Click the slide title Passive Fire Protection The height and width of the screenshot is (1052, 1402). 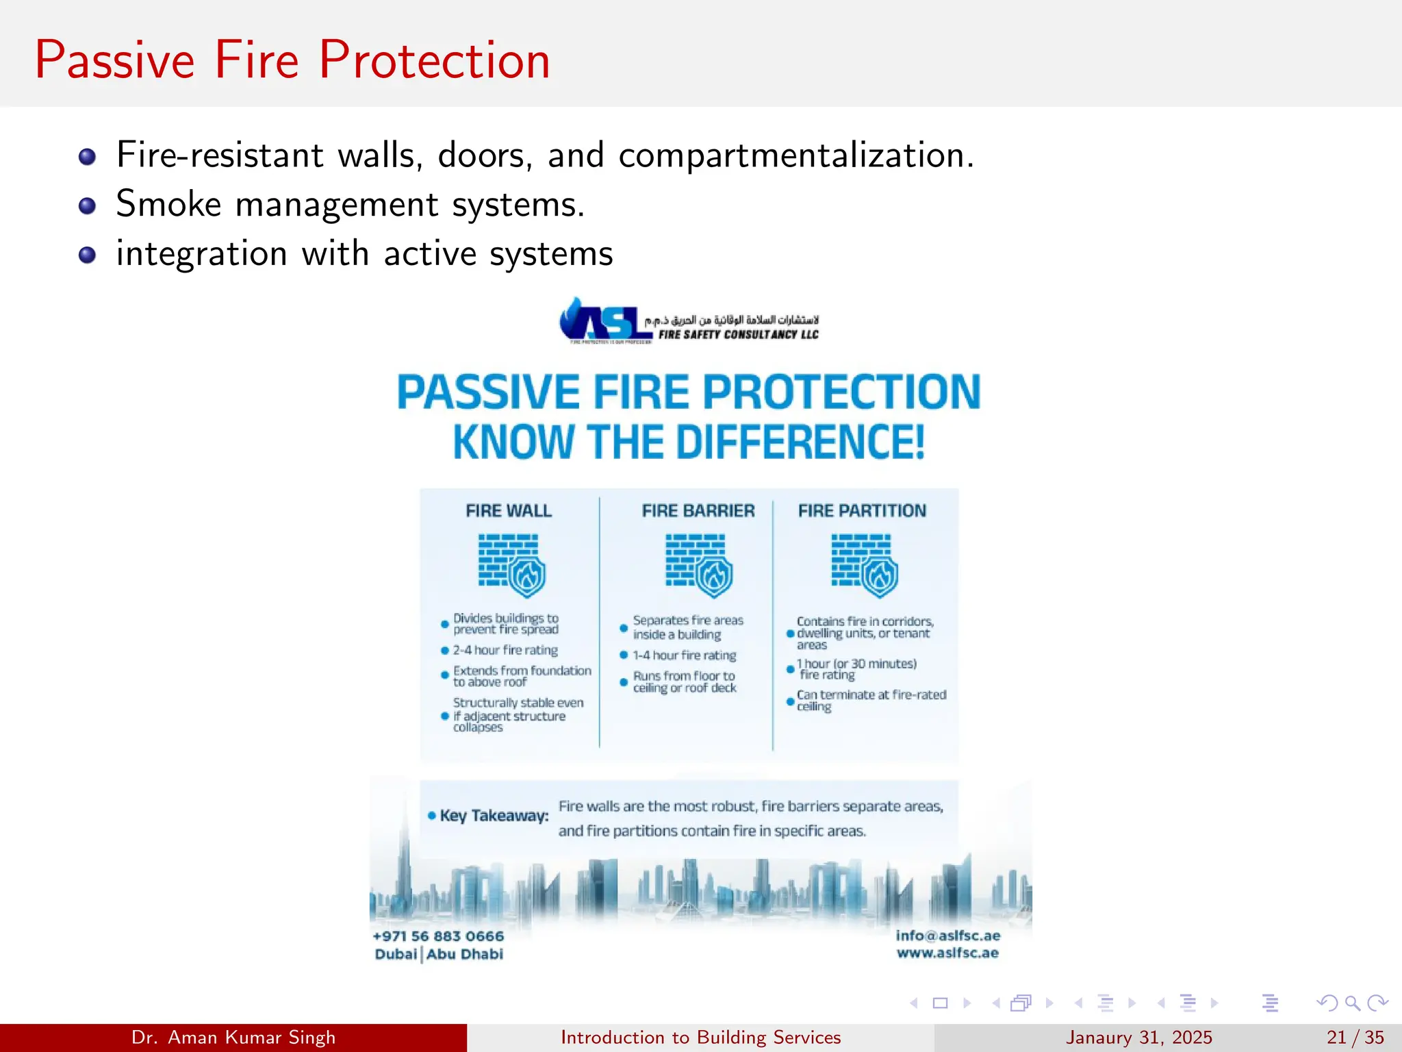(292, 60)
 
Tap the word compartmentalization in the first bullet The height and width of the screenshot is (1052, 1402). (795, 155)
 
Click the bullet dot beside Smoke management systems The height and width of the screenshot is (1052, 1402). (87, 206)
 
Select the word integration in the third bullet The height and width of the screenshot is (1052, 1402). (201, 254)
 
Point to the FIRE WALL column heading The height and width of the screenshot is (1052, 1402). (508, 511)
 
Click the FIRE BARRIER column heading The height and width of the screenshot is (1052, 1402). (698, 511)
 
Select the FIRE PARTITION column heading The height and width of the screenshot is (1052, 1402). (862, 511)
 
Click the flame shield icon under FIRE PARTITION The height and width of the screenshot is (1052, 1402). (880, 577)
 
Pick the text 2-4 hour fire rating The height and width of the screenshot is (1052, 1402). (505, 650)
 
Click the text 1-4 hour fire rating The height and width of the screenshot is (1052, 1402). (684, 655)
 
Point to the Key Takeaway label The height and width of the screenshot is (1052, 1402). (494, 816)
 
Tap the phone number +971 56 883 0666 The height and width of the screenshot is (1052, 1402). (438, 936)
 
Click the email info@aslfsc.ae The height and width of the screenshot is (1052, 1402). (947, 936)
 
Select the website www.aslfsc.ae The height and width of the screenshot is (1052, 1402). (947, 953)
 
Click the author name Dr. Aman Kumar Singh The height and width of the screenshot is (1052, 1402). (233, 1038)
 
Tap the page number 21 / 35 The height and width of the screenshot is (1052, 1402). (1355, 1038)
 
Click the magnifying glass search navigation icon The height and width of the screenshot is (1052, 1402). (1352, 1003)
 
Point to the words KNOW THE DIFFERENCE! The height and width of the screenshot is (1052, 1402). (689, 442)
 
